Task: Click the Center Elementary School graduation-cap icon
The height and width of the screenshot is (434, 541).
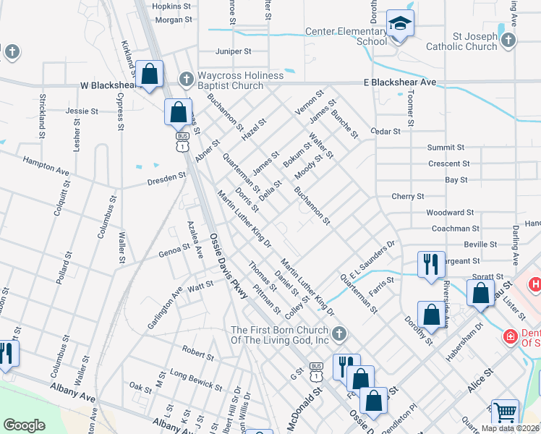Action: click(399, 24)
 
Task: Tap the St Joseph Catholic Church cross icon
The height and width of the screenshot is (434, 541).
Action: click(508, 40)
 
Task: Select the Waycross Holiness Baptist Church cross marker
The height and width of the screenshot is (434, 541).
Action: click(186, 78)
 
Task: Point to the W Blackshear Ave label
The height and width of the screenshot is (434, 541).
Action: click(108, 85)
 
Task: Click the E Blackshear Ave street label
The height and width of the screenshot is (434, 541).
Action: click(400, 82)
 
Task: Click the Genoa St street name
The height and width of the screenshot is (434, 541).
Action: click(174, 254)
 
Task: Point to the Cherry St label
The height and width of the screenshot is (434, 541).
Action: click(407, 196)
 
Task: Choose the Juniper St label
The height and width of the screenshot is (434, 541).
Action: click(233, 51)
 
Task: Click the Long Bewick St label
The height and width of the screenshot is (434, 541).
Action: click(196, 376)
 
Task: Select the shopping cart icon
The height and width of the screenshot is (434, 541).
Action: click(505, 412)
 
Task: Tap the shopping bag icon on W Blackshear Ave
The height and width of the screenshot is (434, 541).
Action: click(150, 75)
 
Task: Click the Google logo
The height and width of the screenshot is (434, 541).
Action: click(25, 425)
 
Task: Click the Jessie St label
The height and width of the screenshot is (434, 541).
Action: click(82, 111)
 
